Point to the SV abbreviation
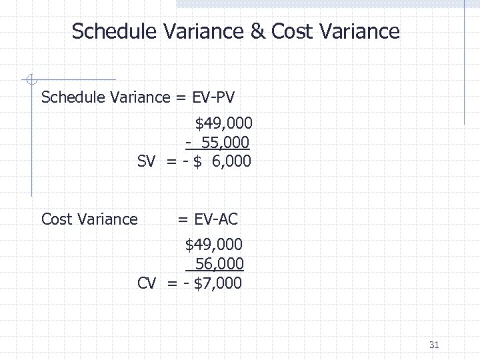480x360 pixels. click(x=147, y=161)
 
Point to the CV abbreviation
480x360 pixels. click(x=147, y=283)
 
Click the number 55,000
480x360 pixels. click(x=223, y=142)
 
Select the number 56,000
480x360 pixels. click(x=219, y=264)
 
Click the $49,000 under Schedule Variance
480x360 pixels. click(x=223, y=123)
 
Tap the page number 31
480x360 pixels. click(x=434, y=345)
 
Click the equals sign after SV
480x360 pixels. click(x=171, y=161)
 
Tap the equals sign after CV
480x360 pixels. click(x=171, y=283)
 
